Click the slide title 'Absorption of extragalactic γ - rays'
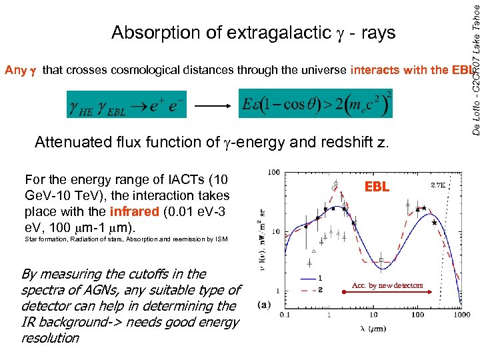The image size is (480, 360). click(253, 33)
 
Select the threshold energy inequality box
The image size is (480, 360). click(315, 103)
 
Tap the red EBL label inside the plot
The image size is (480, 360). click(377, 188)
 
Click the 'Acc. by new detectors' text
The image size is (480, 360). click(387, 285)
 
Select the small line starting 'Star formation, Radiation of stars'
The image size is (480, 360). click(125, 239)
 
